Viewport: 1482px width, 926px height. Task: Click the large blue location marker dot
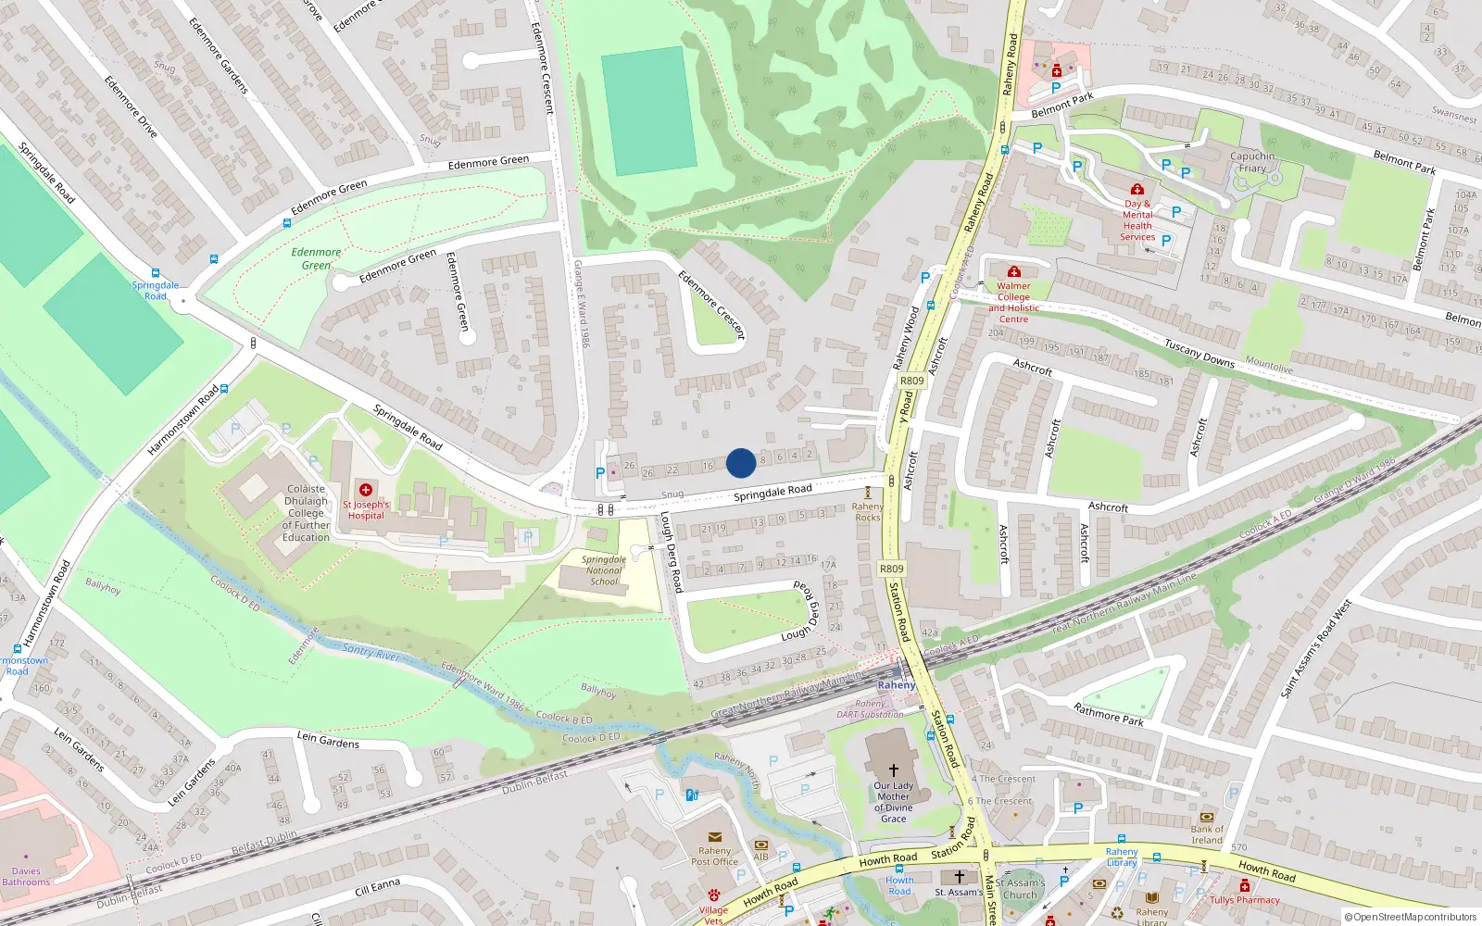click(x=741, y=463)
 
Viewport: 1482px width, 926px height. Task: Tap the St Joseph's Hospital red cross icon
click(x=366, y=490)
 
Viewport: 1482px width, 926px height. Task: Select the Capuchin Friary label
click(x=1252, y=162)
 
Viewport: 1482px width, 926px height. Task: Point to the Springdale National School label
click(x=604, y=570)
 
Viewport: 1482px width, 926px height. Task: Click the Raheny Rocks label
click(x=868, y=512)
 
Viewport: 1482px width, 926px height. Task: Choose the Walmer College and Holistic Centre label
click(x=1013, y=303)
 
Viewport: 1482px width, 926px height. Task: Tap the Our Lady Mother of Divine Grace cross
click(x=894, y=770)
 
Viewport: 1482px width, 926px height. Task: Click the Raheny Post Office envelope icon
click(x=715, y=837)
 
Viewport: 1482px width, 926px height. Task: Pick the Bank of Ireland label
click(x=1207, y=834)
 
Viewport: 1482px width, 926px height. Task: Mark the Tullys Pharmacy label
click(x=1244, y=900)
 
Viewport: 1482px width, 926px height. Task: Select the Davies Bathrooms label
click(x=26, y=876)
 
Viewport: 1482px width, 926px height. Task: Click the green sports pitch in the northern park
click(x=648, y=111)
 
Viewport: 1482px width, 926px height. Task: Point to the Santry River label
click(x=370, y=652)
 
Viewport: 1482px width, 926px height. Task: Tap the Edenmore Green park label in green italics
click(x=316, y=258)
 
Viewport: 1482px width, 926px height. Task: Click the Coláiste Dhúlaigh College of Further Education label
click(x=306, y=512)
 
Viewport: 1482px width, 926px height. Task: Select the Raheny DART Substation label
click(x=870, y=709)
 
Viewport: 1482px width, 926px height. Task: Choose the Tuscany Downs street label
click(x=1199, y=353)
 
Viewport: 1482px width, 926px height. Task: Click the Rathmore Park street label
click(x=1108, y=714)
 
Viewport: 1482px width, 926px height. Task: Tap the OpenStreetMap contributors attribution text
click(x=1410, y=917)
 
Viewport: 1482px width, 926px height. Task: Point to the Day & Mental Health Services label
click(x=1137, y=220)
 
